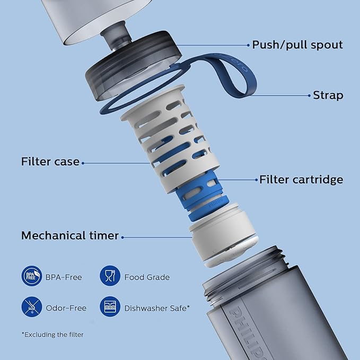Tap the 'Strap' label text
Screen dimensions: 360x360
click(328, 95)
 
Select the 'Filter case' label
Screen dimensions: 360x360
click(50, 161)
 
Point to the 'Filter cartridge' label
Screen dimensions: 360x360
click(301, 180)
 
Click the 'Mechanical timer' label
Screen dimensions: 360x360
click(70, 235)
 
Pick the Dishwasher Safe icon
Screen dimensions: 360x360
click(110, 306)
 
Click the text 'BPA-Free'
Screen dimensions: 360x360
click(64, 277)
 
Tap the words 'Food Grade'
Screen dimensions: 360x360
click(147, 277)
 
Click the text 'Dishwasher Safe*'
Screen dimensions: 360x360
click(156, 307)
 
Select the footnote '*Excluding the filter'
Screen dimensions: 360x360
click(52, 335)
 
